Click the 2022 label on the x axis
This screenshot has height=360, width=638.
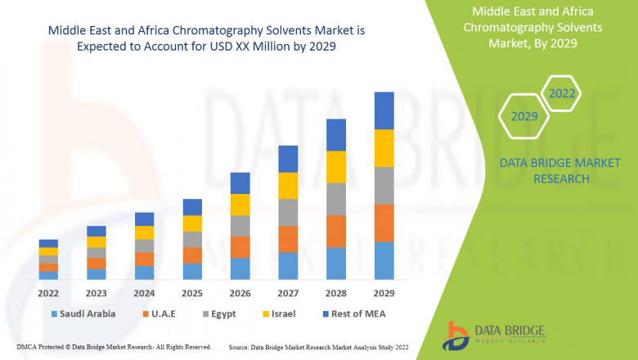coord(48,291)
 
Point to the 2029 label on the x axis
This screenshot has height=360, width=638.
coord(384,291)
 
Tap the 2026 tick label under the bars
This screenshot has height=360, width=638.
coord(240,291)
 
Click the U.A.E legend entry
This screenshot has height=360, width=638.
coord(164,313)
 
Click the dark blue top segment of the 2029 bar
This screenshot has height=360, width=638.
coord(384,110)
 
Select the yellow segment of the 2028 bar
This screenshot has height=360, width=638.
coord(336,167)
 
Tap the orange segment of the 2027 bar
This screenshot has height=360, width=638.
coord(288,239)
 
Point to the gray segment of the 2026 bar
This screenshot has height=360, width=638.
coord(240,226)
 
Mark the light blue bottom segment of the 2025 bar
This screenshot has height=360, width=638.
coord(192,272)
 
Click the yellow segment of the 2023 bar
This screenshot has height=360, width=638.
coord(97,242)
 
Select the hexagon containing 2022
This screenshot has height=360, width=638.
coord(562,93)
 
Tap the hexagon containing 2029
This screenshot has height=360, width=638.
coord(524,117)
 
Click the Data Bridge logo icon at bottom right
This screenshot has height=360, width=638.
coord(456,335)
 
